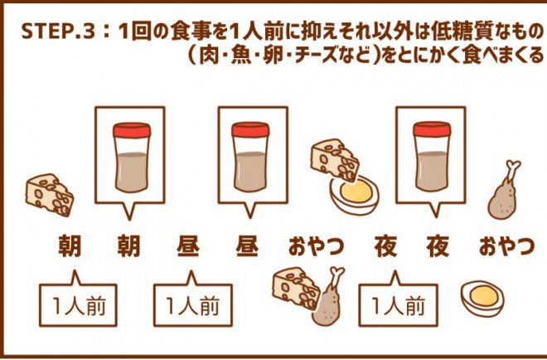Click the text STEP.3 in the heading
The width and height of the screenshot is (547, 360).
(x=58, y=31)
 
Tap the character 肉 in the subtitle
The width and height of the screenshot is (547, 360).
(x=209, y=56)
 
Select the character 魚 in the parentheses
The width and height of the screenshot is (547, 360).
(x=241, y=56)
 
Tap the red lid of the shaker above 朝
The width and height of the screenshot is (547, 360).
(x=132, y=130)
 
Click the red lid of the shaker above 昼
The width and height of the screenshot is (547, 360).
(x=250, y=130)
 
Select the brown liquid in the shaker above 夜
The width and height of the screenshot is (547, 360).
(x=433, y=171)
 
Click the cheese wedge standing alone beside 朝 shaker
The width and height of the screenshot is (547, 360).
(x=50, y=195)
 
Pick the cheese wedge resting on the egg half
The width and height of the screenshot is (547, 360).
(x=335, y=161)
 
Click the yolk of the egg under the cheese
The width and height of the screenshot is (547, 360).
(x=356, y=192)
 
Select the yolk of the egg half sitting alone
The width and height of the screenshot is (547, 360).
(x=483, y=296)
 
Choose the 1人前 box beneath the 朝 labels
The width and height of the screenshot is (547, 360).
(x=78, y=304)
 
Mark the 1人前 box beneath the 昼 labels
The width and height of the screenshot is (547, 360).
(x=193, y=304)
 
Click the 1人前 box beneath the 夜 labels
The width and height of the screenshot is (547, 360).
(x=398, y=304)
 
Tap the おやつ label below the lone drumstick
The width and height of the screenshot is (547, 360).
(x=506, y=247)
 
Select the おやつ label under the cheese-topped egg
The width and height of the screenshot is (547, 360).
(x=316, y=247)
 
